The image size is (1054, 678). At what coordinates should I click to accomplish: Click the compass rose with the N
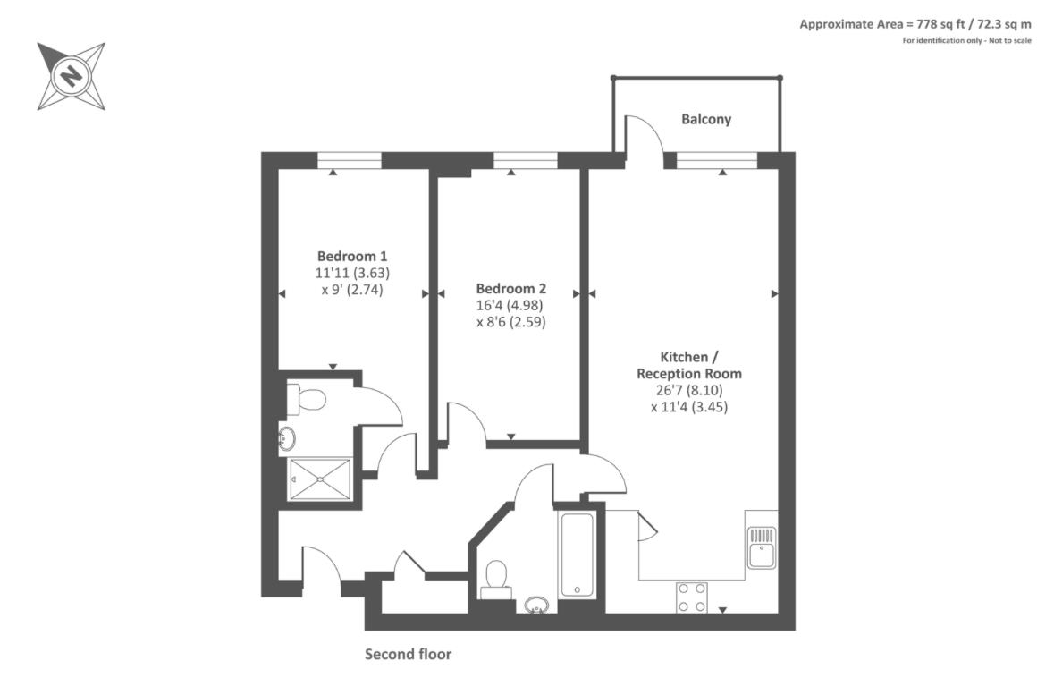[71, 76]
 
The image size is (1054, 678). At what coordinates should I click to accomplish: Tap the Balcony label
[705, 119]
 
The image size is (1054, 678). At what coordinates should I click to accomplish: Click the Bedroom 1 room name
[352, 255]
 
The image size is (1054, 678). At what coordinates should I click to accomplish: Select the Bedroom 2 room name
[510, 289]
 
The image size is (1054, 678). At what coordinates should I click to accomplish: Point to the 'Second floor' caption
[408, 654]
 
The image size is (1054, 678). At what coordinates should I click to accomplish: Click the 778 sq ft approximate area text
[915, 24]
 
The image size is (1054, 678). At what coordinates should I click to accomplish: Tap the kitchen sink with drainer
[761, 547]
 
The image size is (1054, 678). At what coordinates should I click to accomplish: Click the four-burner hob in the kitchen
[691, 597]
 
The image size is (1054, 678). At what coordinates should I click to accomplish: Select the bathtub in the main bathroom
[577, 554]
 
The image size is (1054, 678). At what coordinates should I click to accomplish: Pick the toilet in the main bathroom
[495, 578]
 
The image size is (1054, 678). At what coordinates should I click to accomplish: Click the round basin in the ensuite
[288, 438]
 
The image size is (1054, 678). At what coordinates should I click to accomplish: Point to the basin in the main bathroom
[536, 606]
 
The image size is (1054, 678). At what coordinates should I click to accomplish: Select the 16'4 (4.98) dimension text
[510, 305]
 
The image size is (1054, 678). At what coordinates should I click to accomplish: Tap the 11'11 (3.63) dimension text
[352, 272]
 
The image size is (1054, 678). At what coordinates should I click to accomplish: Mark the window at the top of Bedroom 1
[350, 160]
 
